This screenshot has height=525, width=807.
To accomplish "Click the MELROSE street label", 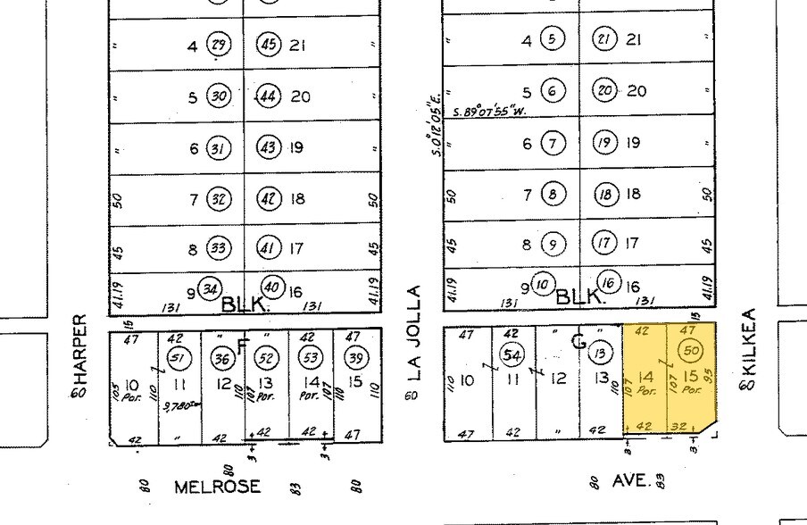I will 217,487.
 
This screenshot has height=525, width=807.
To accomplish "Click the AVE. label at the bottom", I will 631,480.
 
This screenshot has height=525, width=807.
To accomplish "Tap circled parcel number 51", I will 181,357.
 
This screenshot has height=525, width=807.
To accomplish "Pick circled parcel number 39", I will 356,357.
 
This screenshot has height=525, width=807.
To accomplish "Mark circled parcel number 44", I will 268,96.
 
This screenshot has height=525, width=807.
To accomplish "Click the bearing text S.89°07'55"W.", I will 489,112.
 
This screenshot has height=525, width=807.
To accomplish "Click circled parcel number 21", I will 605,38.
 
